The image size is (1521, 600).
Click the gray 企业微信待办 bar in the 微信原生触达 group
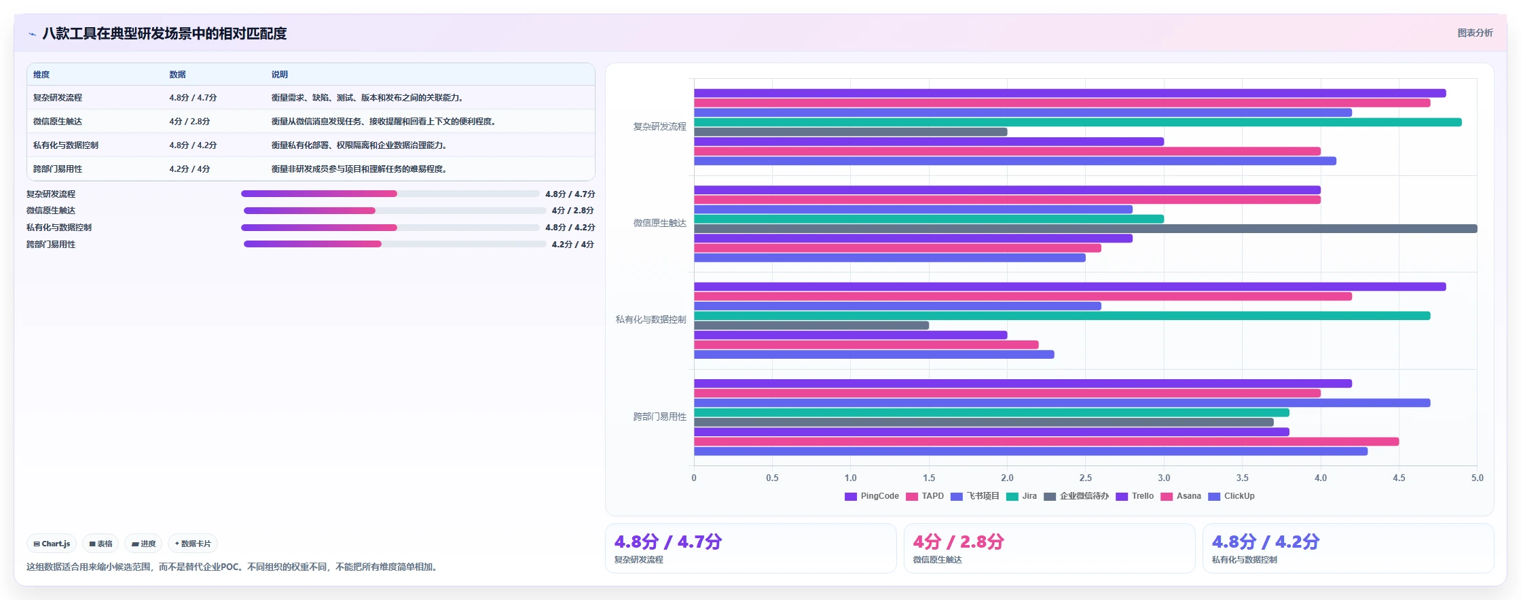(1085, 229)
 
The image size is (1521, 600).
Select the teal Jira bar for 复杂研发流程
(1078, 122)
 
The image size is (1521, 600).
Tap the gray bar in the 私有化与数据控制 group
(811, 325)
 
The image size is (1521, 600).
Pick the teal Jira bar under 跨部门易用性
(991, 412)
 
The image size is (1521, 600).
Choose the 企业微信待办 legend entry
(1076, 496)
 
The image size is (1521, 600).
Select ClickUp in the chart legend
(1232, 496)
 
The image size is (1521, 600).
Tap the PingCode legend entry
(872, 496)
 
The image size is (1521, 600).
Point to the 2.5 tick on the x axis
(1086, 478)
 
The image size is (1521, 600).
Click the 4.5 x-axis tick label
(1399, 478)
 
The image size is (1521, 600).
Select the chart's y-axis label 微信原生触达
(660, 223)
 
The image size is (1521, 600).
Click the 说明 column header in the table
(280, 75)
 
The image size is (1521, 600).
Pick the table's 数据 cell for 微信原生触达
(189, 122)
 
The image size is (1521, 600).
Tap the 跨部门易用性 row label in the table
(58, 169)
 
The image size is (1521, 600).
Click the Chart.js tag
(52, 544)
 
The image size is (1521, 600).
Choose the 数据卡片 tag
(193, 544)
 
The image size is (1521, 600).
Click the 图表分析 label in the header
(1476, 33)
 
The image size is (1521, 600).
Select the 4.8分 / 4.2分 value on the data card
(1266, 542)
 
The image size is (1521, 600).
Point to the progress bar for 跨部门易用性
(395, 244)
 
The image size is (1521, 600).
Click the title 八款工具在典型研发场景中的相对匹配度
(164, 33)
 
